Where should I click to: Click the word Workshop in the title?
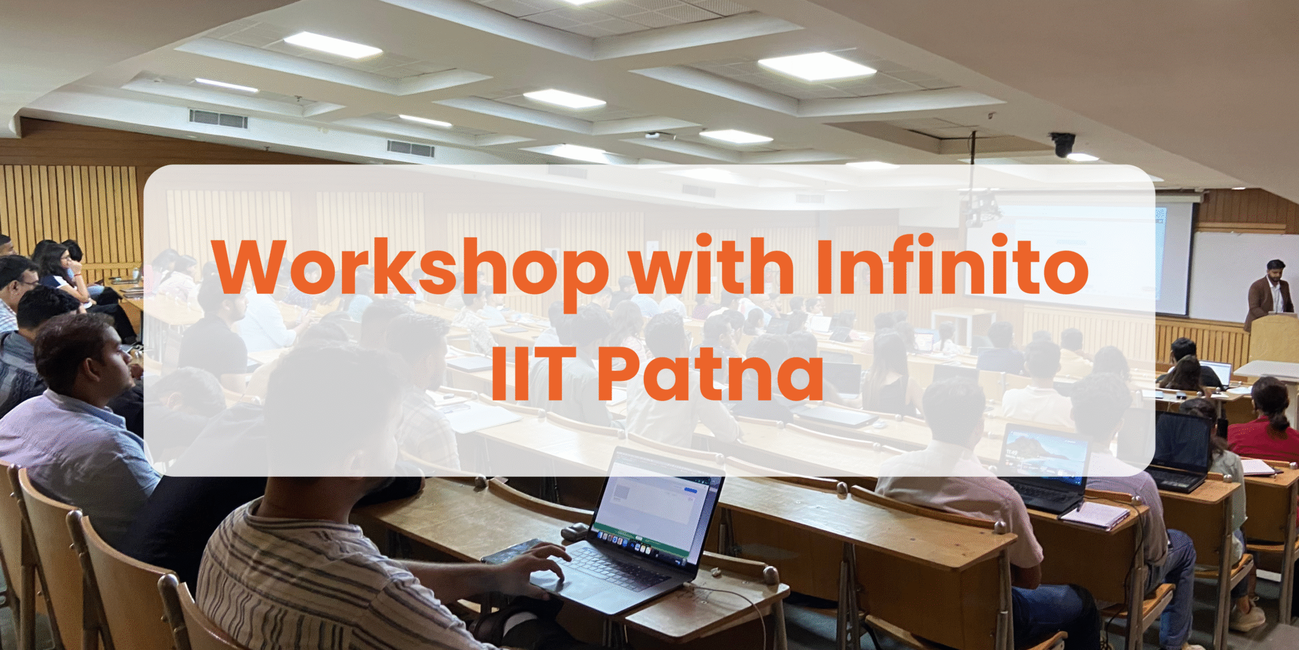[x=411, y=267]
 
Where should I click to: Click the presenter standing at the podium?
[x=1269, y=292]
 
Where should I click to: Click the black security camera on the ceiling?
[x=1063, y=144]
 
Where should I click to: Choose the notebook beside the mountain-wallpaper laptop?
[x=1094, y=514]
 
